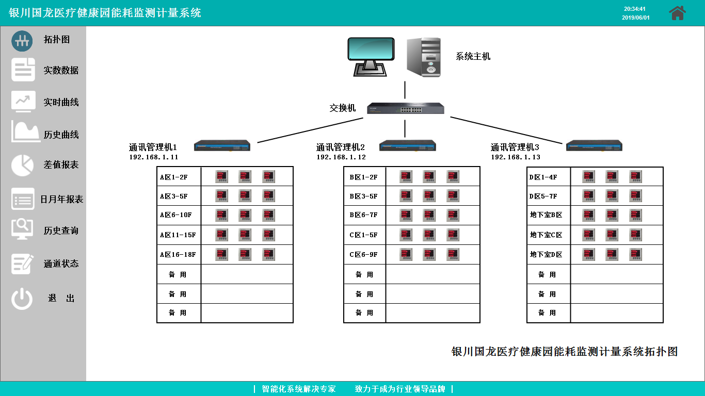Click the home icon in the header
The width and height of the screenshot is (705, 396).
[x=677, y=13]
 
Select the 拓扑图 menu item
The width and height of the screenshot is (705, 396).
[x=57, y=40]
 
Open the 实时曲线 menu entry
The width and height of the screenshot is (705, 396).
[x=61, y=102]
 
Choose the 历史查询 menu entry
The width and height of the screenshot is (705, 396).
[x=61, y=230]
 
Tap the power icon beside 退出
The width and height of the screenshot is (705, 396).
[x=22, y=299]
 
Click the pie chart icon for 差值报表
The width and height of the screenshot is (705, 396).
[x=23, y=165]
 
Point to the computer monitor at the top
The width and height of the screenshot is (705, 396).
[x=371, y=56]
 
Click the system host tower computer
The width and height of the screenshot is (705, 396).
[x=424, y=57]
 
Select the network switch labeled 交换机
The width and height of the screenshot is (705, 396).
[x=405, y=108]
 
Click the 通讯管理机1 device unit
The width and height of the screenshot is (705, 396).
[x=222, y=146]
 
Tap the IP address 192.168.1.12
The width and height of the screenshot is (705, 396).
[x=341, y=157]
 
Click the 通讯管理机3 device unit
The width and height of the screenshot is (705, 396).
[x=594, y=146]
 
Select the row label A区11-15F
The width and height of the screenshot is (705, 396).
[x=178, y=235]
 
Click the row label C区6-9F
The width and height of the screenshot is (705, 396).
[x=363, y=254]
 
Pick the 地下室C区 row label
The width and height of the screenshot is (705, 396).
[x=546, y=235]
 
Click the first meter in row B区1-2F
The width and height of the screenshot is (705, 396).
[x=406, y=177]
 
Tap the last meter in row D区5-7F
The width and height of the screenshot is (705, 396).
[x=635, y=196]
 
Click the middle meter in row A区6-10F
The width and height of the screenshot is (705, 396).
[x=245, y=216]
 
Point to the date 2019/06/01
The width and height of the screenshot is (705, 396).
[x=635, y=18]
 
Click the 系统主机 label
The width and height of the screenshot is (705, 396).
[x=473, y=57]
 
